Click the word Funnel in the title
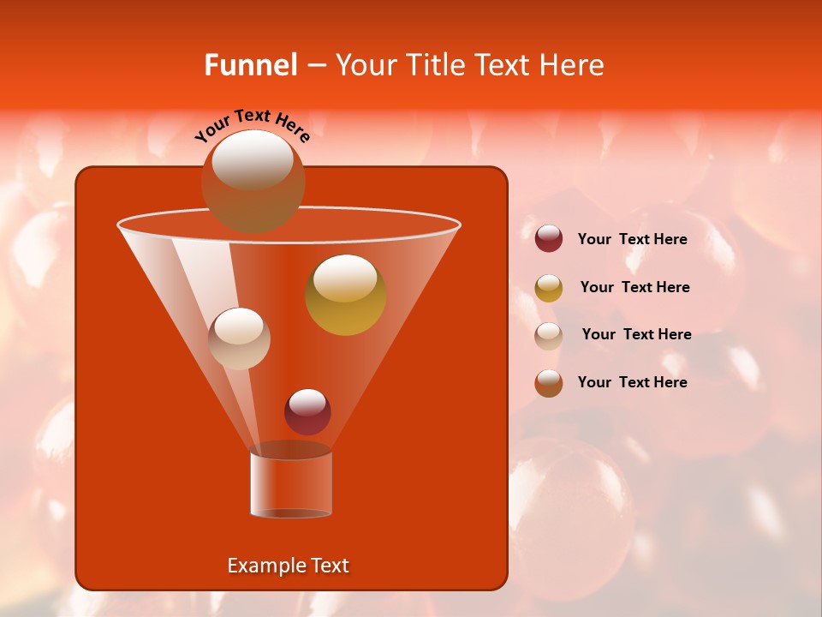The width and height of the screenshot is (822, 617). [x=250, y=65]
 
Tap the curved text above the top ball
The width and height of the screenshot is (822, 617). [x=252, y=125]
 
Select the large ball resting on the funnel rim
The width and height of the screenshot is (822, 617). [x=253, y=182]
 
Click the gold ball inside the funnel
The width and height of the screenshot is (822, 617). [x=345, y=296]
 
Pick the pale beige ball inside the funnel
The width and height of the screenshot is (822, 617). [x=239, y=338]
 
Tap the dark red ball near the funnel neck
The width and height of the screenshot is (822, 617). [x=307, y=412]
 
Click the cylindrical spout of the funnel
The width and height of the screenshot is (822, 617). [x=290, y=484]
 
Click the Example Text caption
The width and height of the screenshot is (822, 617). [x=288, y=566]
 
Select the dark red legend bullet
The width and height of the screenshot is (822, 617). [x=549, y=239]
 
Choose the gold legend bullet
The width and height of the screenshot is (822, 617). [x=549, y=288]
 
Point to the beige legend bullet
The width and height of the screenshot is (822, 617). [x=549, y=335]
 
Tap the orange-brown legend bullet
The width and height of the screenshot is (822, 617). [x=549, y=383]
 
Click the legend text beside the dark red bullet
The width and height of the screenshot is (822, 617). [x=632, y=239]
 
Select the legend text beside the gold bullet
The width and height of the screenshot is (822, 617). [x=634, y=287]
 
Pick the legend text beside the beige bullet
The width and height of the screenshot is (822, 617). [x=636, y=334]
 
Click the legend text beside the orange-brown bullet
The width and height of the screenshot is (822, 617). [x=632, y=382]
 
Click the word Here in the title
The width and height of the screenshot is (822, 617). [x=572, y=65]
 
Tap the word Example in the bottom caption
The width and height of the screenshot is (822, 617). [x=265, y=566]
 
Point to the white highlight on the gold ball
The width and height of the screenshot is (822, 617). [x=345, y=279]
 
